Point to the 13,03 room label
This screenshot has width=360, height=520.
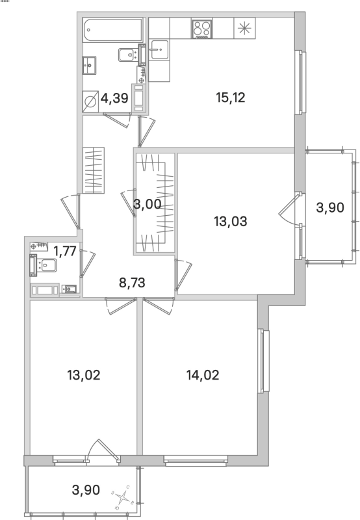click(231, 220)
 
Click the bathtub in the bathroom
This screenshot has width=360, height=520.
click(112, 31)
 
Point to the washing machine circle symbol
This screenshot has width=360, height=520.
click(90, 101)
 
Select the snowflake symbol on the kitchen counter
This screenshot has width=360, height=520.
click(244, 28)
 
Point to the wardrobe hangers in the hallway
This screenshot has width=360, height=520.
click(93, 170)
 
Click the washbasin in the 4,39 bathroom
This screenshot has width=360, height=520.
click(90, 64)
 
